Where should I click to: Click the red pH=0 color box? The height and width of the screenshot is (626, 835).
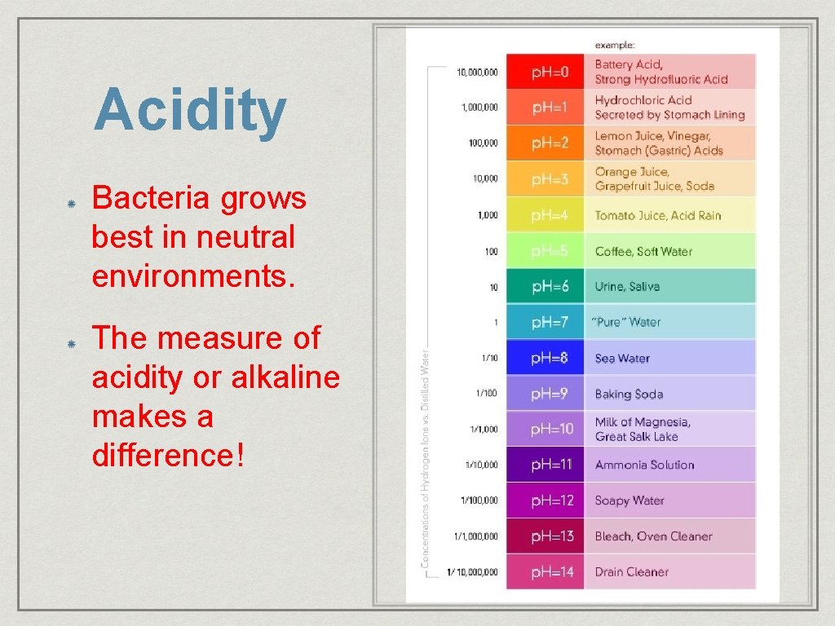click(x=545, y=72)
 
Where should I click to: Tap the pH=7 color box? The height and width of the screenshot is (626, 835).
click(x=545, y=322)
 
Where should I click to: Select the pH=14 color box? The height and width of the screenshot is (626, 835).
click(x=545, y=572)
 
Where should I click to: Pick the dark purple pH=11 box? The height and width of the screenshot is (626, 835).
click(x=545, y=465)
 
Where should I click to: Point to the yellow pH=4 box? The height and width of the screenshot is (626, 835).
click(x=545, y=215)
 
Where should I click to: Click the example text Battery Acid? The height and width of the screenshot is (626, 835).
click(x=629, y=64)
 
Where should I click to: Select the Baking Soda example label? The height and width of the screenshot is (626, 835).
click(x=629, y=394)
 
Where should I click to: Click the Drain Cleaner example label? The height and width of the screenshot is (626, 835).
click(x=631, y=572)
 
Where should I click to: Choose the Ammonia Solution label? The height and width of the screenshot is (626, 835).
click(x=644, y=465)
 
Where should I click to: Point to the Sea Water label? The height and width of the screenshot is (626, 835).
click(x=622, y=358)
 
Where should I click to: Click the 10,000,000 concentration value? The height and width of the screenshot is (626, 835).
click(x=477, y=72)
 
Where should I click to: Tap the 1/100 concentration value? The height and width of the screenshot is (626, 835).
click(x=487, y=394)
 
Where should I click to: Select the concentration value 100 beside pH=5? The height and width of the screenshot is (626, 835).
click(x=491, y=251)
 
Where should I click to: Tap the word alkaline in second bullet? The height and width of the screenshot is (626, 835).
click(x=285, y=377)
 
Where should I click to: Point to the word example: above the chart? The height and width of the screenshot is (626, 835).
click(x=615, y=44)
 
